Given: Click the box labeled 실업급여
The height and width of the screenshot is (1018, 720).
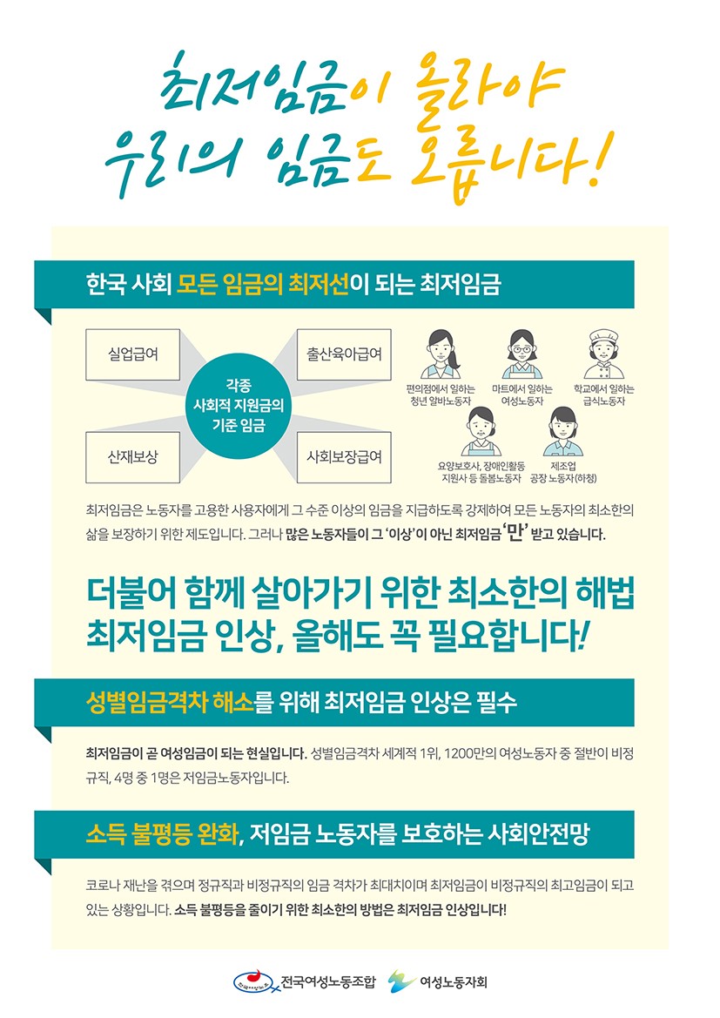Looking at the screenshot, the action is (132, 354).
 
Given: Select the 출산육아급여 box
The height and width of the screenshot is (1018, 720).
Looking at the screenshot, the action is (344, 354).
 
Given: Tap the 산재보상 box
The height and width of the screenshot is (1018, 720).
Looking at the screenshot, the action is (132, 457).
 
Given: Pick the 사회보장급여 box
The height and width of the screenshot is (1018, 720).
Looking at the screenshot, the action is (344, 457).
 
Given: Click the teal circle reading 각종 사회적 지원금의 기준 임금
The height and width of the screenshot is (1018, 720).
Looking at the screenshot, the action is (239, 406).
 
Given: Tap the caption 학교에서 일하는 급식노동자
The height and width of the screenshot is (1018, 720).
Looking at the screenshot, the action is (604, 395).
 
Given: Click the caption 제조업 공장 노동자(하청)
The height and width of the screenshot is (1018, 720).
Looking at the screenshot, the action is (563, 472).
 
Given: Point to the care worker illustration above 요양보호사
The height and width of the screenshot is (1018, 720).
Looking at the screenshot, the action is (481, 431).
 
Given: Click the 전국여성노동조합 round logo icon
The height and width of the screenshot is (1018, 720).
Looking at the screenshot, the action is (256, 981).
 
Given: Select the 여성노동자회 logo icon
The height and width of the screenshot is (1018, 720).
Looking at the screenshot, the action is (402, 981).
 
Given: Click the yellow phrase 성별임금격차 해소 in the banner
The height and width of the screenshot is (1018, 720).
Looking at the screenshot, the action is (170, 703).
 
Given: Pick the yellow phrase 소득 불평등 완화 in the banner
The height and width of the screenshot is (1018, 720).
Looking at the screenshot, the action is (162, 833).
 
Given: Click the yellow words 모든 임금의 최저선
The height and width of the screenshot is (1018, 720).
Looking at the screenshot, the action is (263, 285).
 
